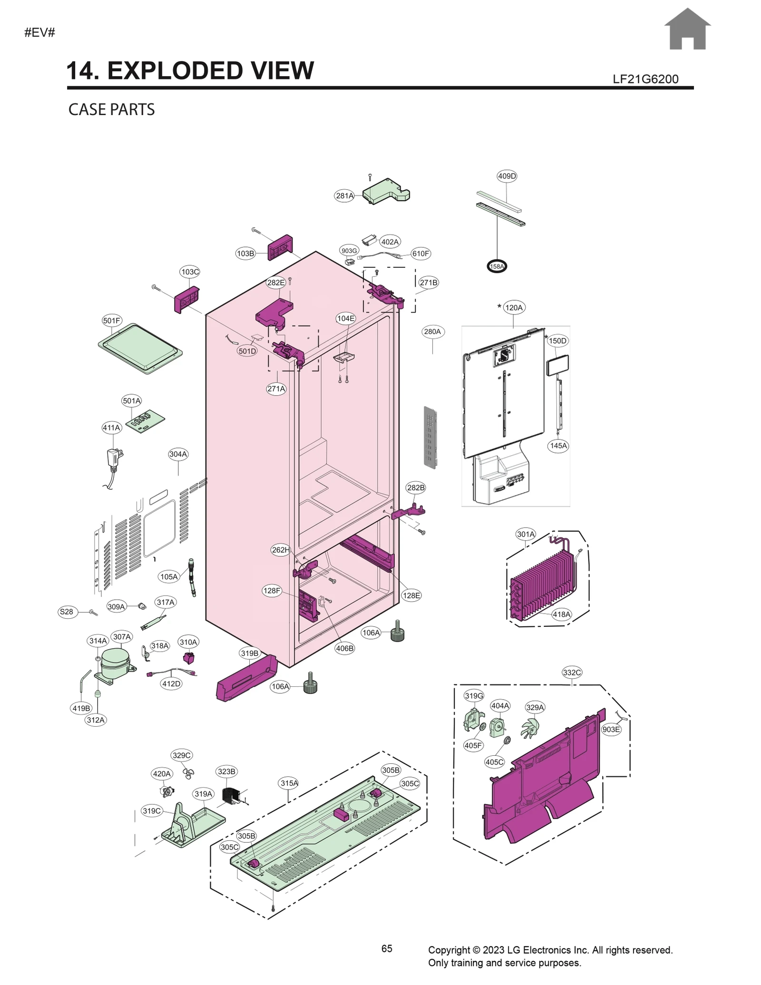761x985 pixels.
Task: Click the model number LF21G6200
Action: (645, 79)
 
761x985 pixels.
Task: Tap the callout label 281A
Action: (344, 195)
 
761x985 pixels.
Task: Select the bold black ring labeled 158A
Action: (497, 266)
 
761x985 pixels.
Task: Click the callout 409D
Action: (507, 176)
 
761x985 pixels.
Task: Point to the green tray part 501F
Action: (140, 348)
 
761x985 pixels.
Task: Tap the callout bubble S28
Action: (66, 612)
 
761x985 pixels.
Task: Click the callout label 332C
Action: (572, 672)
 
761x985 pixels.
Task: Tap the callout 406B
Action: (344, 648)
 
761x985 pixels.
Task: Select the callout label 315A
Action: (289, 783)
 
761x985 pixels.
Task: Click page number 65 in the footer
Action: (387, 948)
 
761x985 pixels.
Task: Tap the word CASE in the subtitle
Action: (87, 109)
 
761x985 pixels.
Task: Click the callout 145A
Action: (558, 446)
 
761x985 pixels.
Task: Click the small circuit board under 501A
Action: (145, 421)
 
